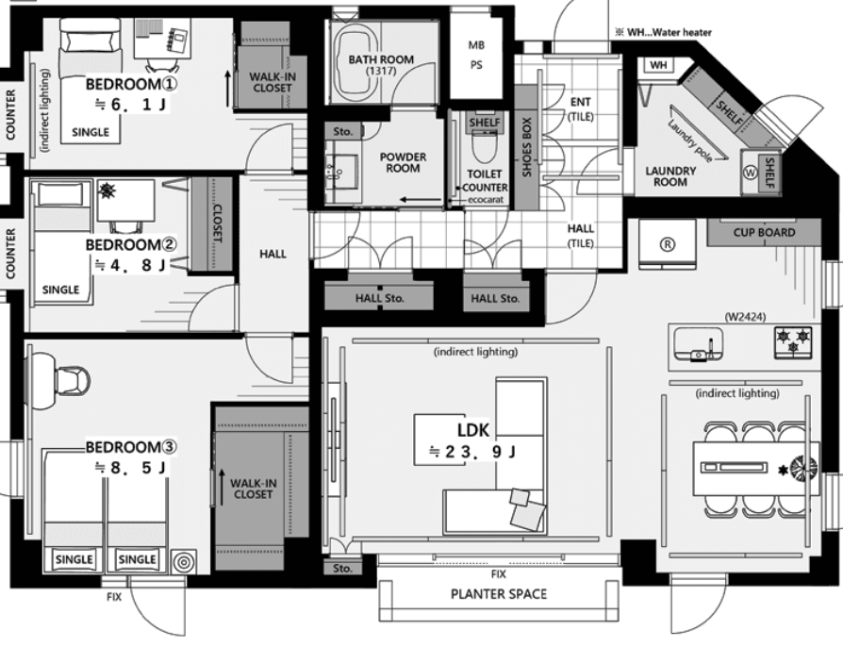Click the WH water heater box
(x=658, y=65)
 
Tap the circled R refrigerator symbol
(x=667, y=244)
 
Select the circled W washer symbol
(x=750, y=173)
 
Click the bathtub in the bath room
(x=357, y=62)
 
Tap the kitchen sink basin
(x=699, y=343)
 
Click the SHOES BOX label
(x=526, y=147)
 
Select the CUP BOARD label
(x=764, y=232)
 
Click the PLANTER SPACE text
(x=499, y=594)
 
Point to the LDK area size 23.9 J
(x=472, y=452)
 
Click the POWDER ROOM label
(x=403, y=162)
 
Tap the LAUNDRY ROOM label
(x=670, y=176)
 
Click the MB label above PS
(x=476, y=45)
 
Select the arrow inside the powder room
(x=421, y=201)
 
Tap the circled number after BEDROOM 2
(x=170, y=244)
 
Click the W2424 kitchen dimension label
(x=745, y=317)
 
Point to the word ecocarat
(x=486, y=200)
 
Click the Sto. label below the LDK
(x=342, y=569)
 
